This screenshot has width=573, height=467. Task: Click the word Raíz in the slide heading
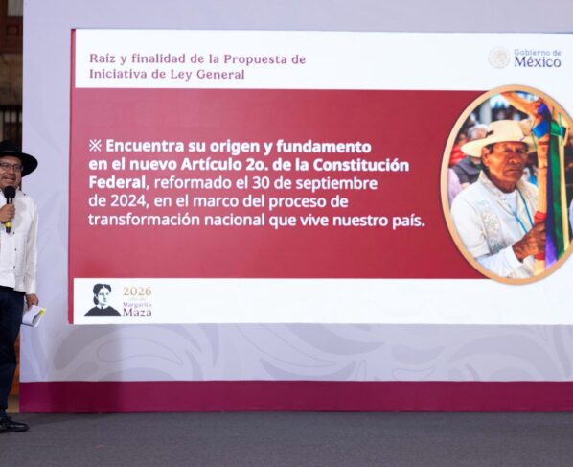(x=100, y=58)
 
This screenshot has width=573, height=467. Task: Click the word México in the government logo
(x=538, y=62)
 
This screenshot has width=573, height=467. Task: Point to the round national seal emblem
(x=498, y=58)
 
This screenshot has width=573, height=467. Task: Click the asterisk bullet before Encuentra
(x=95, y=146)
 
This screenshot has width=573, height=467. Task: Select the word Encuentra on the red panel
(x=145, y=147)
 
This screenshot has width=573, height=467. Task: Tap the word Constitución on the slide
(x=360, y=165)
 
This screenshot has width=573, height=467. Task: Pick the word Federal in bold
(x=117, y=183)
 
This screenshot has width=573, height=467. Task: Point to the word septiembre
(x=336, y=184)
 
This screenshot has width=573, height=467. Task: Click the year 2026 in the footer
(x=137, y=292)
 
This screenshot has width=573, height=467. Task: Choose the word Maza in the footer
(x=137, y=313)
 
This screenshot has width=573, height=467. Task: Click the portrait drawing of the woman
(x=103, y=300)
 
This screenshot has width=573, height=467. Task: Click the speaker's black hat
(x=15, y=157)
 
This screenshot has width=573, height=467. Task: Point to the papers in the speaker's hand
(x=34, y=315)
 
